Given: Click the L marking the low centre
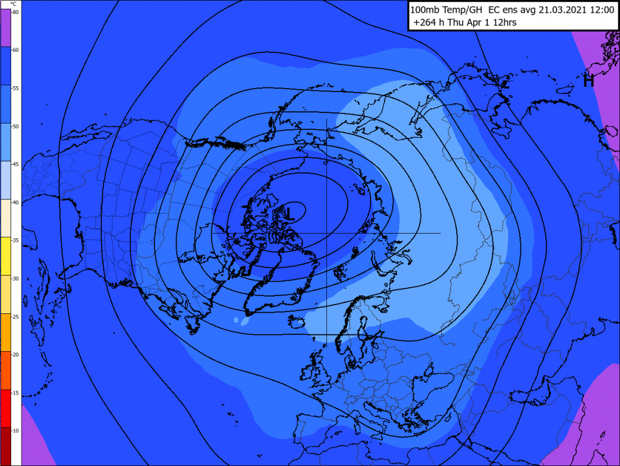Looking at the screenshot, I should [x=290, y=213].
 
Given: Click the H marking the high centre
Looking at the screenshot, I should [x=589, y=82].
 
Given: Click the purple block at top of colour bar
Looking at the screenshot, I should [x=10, y=27].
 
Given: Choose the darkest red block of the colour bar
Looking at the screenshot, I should [x=10, y=446].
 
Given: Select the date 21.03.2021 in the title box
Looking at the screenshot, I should [x=560, y=10].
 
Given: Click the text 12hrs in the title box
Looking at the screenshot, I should [x=504, y=23].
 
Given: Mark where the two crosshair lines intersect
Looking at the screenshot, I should [x=326, y=233].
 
